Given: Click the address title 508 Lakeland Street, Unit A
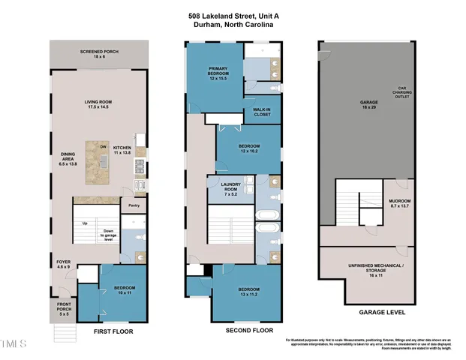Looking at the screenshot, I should pyautogui.click(x=233, y=15).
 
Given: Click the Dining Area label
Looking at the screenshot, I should pyautogui.click(x=68, y=157).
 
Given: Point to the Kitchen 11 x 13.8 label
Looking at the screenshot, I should pyautogui.click(x=122, y=151).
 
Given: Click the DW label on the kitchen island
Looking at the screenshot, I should pyautogui.click(x=103, y=147).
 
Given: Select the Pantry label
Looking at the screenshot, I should pyautogui.click(x=134, y=205).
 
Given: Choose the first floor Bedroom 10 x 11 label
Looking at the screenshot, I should pyautogui.click(x=124, y=290).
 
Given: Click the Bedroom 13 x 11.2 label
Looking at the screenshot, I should pyautogui.click(x=249, y=292).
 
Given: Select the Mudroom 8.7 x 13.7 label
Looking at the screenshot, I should pyautogui.click(x=398, y=203).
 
